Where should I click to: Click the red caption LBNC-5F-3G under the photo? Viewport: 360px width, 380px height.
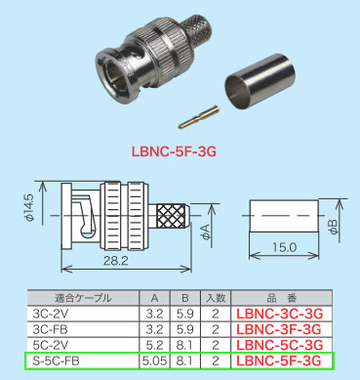(179, 152)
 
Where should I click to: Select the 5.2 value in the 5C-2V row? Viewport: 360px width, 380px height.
(152, 346)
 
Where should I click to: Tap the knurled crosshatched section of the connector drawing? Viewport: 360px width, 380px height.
(168, 216)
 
